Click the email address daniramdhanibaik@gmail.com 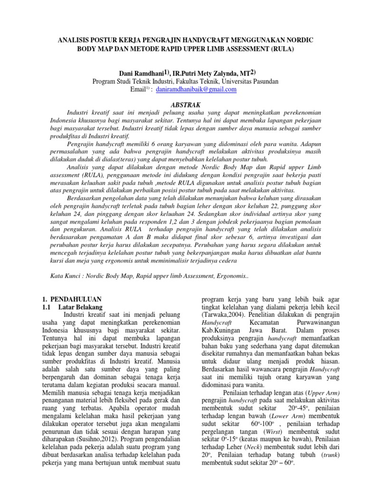pos(196,89)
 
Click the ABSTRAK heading pos(182,105)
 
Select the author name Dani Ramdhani pos(140,73)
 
